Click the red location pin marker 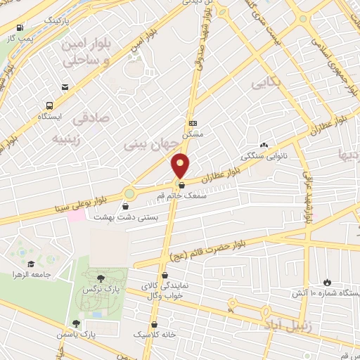[x=181, y=165]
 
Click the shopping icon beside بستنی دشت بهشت [x=126, y=207]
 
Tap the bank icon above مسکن [x=192, y=122]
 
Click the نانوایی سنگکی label [x=264, y=156]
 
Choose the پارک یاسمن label [x=97, y=335]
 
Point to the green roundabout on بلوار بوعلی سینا [x=129, y=193]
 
